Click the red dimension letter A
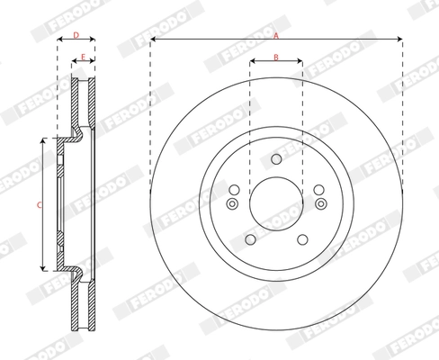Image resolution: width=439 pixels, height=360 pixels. (276, 34)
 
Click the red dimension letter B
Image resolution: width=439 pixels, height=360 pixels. (276, 58)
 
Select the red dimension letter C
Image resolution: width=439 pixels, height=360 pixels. (38, 205)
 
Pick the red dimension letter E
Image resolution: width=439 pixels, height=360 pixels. (83, 58)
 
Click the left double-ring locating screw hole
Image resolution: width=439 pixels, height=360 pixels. (232, 204)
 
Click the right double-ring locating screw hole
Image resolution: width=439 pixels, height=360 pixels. (319, 204)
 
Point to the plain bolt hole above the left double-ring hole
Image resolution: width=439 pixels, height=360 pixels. (235, 189)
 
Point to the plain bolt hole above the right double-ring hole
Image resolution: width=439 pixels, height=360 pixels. (318, 189)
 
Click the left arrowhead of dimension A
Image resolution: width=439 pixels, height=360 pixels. (154, 40)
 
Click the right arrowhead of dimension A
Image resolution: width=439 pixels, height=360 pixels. (399, 40)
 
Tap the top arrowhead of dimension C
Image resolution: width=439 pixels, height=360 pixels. (43, 142)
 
